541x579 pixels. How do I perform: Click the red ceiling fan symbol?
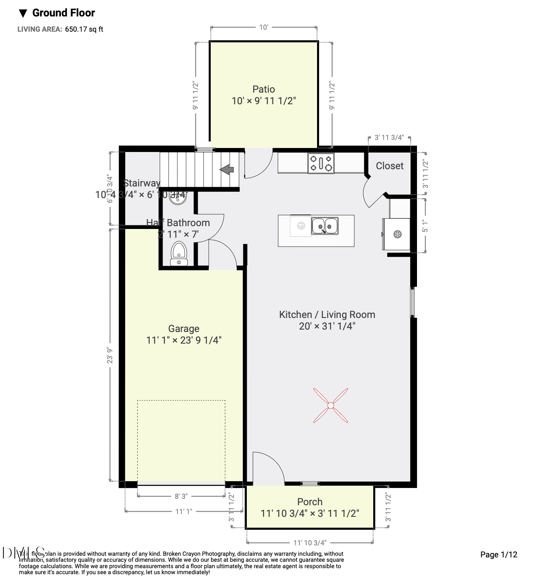tap(330, 405)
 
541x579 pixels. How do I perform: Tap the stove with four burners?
tap(321, 163)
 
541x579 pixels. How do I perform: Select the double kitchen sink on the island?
tap(325, 226)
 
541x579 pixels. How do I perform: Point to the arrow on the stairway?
tap(227, 170)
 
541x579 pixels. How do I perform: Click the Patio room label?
tap(264, 89)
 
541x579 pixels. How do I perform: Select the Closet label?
tap(389, 166)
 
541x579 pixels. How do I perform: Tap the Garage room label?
tap(184, 329)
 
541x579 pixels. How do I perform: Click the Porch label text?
tap(309, 502)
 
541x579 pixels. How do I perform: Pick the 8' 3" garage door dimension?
tap(181, 496)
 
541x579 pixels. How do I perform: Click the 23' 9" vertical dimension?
tap(110, 356)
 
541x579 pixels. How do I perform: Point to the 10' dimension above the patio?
tap(263, 27)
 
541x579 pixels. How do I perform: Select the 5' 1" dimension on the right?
tap(425, 226)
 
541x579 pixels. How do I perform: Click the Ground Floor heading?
tap(63, 13)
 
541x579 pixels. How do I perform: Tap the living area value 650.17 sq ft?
tap(84, 29)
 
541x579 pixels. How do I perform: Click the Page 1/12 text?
tap(498, 555)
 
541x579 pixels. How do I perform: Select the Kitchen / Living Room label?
tap(327, 315)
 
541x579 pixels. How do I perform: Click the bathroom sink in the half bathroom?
tap(177, 198)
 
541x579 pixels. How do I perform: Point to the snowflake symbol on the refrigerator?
tap(397, 234)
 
